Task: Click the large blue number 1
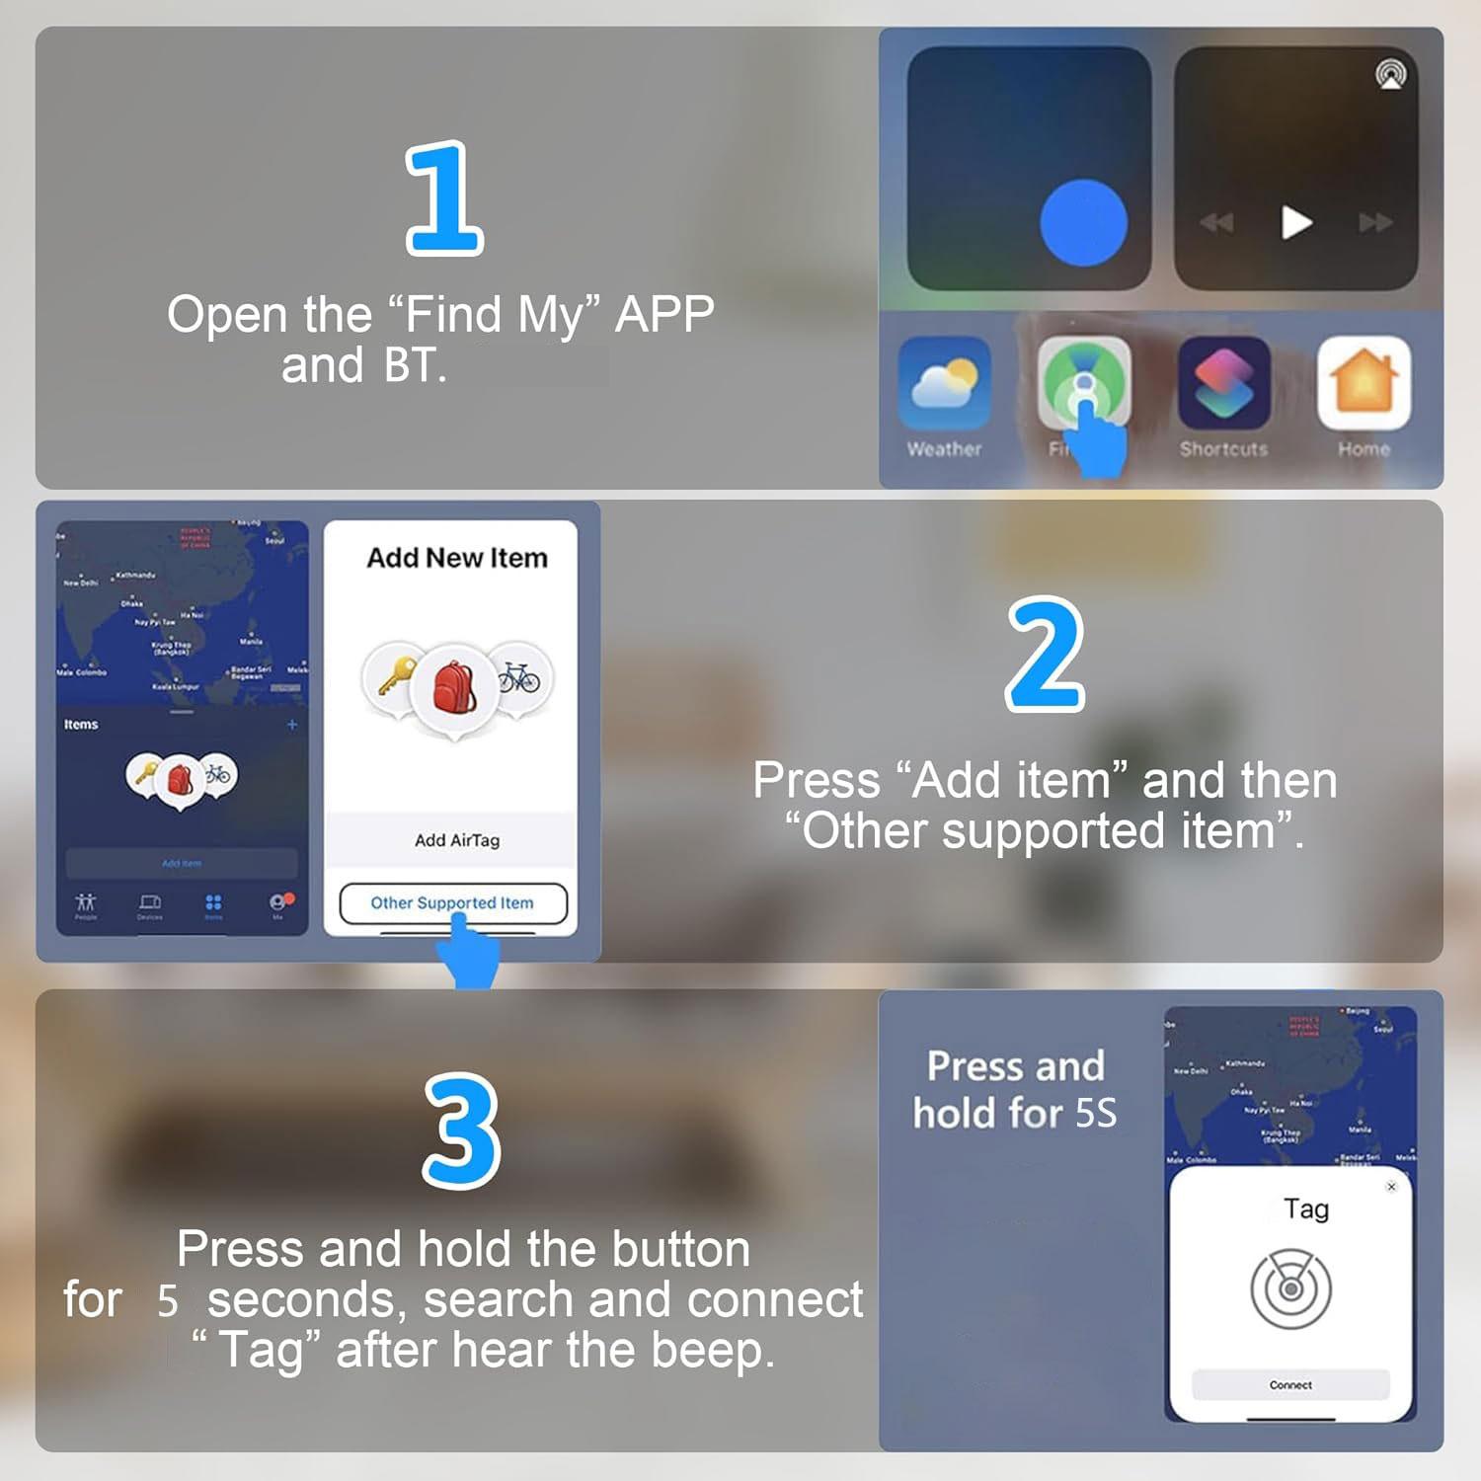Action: [444, 198]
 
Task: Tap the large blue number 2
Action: [1045, 654]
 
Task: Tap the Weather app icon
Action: [944, 383]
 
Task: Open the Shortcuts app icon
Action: [1223, 383]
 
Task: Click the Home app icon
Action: [1364, 383]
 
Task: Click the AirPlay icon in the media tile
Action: [1390, 75]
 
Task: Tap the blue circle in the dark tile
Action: [1083, 223]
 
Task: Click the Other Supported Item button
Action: [452, 902]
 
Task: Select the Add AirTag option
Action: [456, 840]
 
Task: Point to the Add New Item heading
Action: [456, 558]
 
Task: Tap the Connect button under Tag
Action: [1289, 1385]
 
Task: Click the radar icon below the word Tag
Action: [1290, 1288]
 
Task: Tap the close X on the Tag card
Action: [1391, 1187]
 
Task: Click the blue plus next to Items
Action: [292, 725]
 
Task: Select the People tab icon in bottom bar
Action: [86, 903]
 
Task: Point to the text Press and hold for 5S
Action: [1015, 1089]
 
